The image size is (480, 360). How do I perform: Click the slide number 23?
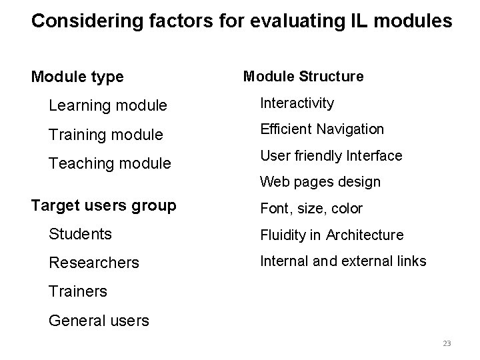[x=447, y=343]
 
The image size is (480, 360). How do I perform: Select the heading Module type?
[x=77, y=77]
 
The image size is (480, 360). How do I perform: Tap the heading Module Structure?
[x=303, y=77]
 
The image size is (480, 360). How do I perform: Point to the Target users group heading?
[x=103, y=206]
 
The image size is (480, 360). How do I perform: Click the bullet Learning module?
[x=107, y=106]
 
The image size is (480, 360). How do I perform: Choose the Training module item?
[x=106, y=135]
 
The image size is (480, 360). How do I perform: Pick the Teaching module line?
[x=110, y=163]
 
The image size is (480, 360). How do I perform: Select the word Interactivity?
[x=297, y=103]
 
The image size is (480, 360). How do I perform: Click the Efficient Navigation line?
[x=322, y=129]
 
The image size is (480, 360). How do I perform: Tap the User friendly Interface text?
[x=331, y=156]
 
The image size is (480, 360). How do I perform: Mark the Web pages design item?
[x=320, y=182]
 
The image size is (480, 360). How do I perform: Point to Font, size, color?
[x=311, y=209]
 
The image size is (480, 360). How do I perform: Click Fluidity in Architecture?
[x=331, y=235]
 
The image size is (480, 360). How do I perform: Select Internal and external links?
[x=343, y=261]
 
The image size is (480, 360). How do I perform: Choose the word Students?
[x=80, y=235]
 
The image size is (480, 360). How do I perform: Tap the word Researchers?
[x=94, y=263]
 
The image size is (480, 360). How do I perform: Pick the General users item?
[x=99, y=321]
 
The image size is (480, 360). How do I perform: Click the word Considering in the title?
[x=81, y=21]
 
